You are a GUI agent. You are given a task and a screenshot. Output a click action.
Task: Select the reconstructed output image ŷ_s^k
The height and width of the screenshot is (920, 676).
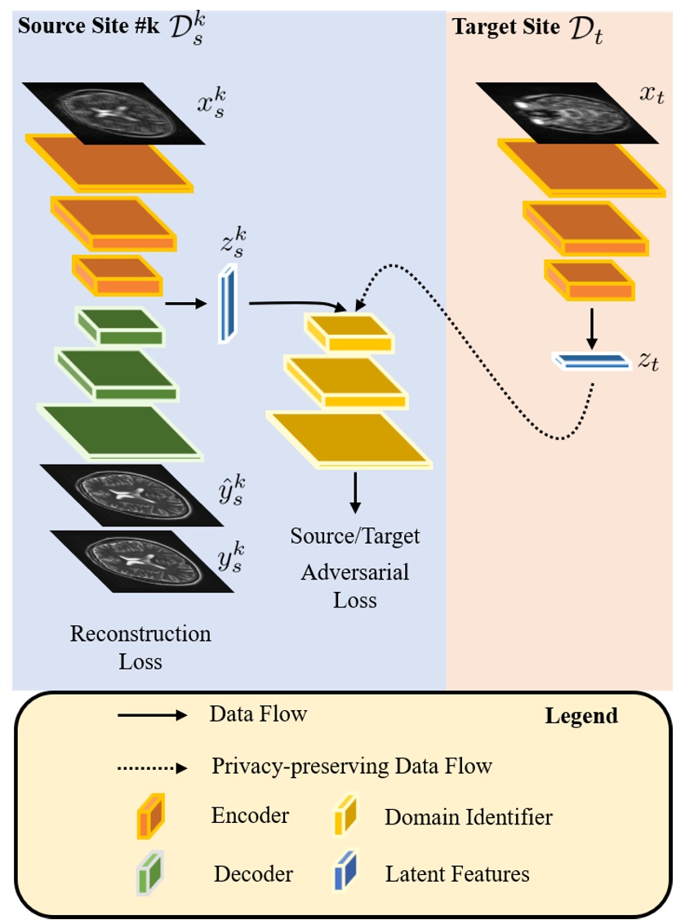click(x=131, y=495)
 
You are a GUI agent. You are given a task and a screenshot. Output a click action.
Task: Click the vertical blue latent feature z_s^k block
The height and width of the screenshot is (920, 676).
click(x=226, y=304)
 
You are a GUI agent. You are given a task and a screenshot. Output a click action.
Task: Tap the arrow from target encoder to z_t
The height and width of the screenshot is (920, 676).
click(x=594, y=327)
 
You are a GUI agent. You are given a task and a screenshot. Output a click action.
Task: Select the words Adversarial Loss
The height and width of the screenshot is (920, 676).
click(x=354, y=585)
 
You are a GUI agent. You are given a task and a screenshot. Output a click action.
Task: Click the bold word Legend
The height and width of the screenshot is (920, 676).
click(x=581, y=716)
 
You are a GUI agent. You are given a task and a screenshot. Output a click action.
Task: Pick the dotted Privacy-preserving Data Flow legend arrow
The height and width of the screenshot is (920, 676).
click(x=153, y=767)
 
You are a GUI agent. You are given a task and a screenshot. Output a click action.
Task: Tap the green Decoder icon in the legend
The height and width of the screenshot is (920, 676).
click(x=152, y=875)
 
